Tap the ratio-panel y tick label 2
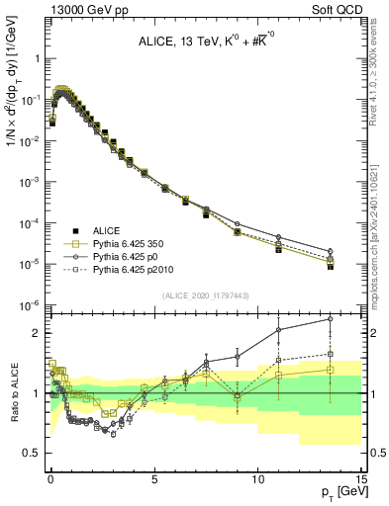click(38, 333)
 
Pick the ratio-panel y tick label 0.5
click(33, 453)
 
